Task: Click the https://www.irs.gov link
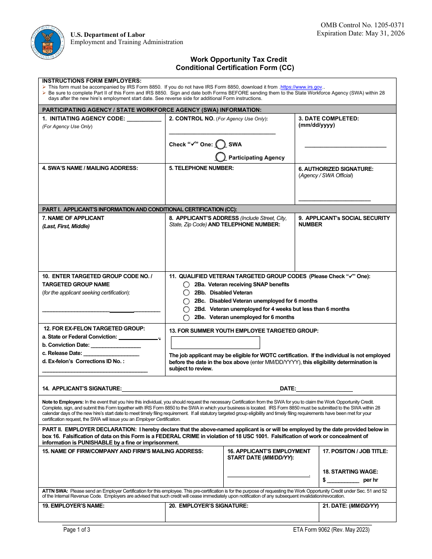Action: [301, 87]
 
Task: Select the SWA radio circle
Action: [221, 145]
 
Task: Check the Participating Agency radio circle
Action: [221, 157]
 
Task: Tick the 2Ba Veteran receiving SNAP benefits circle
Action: [186, 284]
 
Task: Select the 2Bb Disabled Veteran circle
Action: [186, 293]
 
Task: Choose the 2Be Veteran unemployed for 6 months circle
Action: [186, 318]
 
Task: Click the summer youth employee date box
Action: [215, 343]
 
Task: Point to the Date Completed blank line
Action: [345, 146]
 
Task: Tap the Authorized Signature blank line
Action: [334, 200]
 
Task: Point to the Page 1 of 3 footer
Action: [77, 529]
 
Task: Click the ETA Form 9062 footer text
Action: [332, 529]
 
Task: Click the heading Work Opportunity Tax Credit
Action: [238, 60]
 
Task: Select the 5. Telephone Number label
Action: [201, 168]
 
